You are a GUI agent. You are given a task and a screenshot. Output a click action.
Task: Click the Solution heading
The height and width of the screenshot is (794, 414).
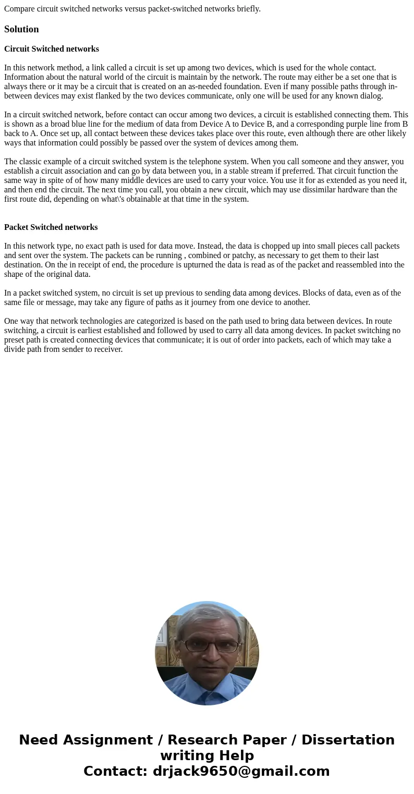[21, 29]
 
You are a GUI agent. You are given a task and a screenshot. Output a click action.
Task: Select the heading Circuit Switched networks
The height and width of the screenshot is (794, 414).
[52, 49]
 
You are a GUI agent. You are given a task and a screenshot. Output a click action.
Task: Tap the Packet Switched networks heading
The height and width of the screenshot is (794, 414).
[51, 227]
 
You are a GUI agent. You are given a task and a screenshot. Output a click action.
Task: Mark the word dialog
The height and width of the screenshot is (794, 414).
[371, 96]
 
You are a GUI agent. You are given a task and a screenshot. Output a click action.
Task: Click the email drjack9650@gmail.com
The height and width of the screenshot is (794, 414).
[241, 771]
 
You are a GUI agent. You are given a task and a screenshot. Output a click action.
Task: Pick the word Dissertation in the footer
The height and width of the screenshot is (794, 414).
[348, 740]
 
